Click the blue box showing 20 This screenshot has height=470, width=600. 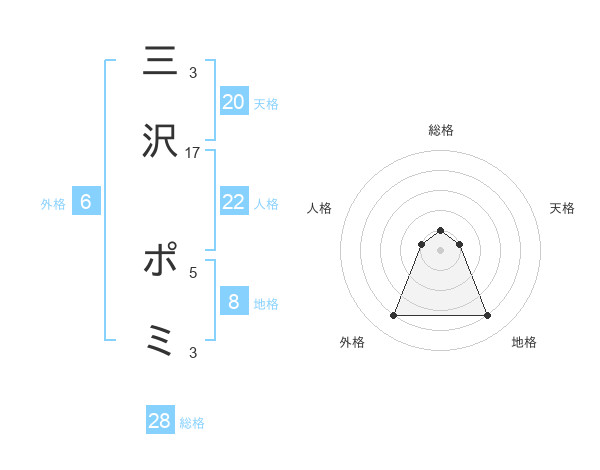(233, 101)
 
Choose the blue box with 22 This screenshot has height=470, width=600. (233, 202)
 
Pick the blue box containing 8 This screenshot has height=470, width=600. (233, 301)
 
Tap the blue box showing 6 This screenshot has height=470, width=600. (86, 202)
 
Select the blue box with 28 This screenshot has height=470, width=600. (160, 421)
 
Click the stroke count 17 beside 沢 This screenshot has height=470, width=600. (193, 152)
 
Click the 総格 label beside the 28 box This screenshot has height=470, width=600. (192, 423)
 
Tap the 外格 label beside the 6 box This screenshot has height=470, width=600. (53, 204)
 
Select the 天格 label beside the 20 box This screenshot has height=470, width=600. (265, 103)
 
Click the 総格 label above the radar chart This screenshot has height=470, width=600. (440, 130)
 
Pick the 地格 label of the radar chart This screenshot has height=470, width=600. (524, 342)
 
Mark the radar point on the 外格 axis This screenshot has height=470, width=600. (393, 316)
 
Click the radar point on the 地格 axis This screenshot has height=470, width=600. (487, 316)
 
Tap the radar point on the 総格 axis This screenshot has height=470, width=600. (440, 231)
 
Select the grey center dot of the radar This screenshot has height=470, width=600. (440, 250)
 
